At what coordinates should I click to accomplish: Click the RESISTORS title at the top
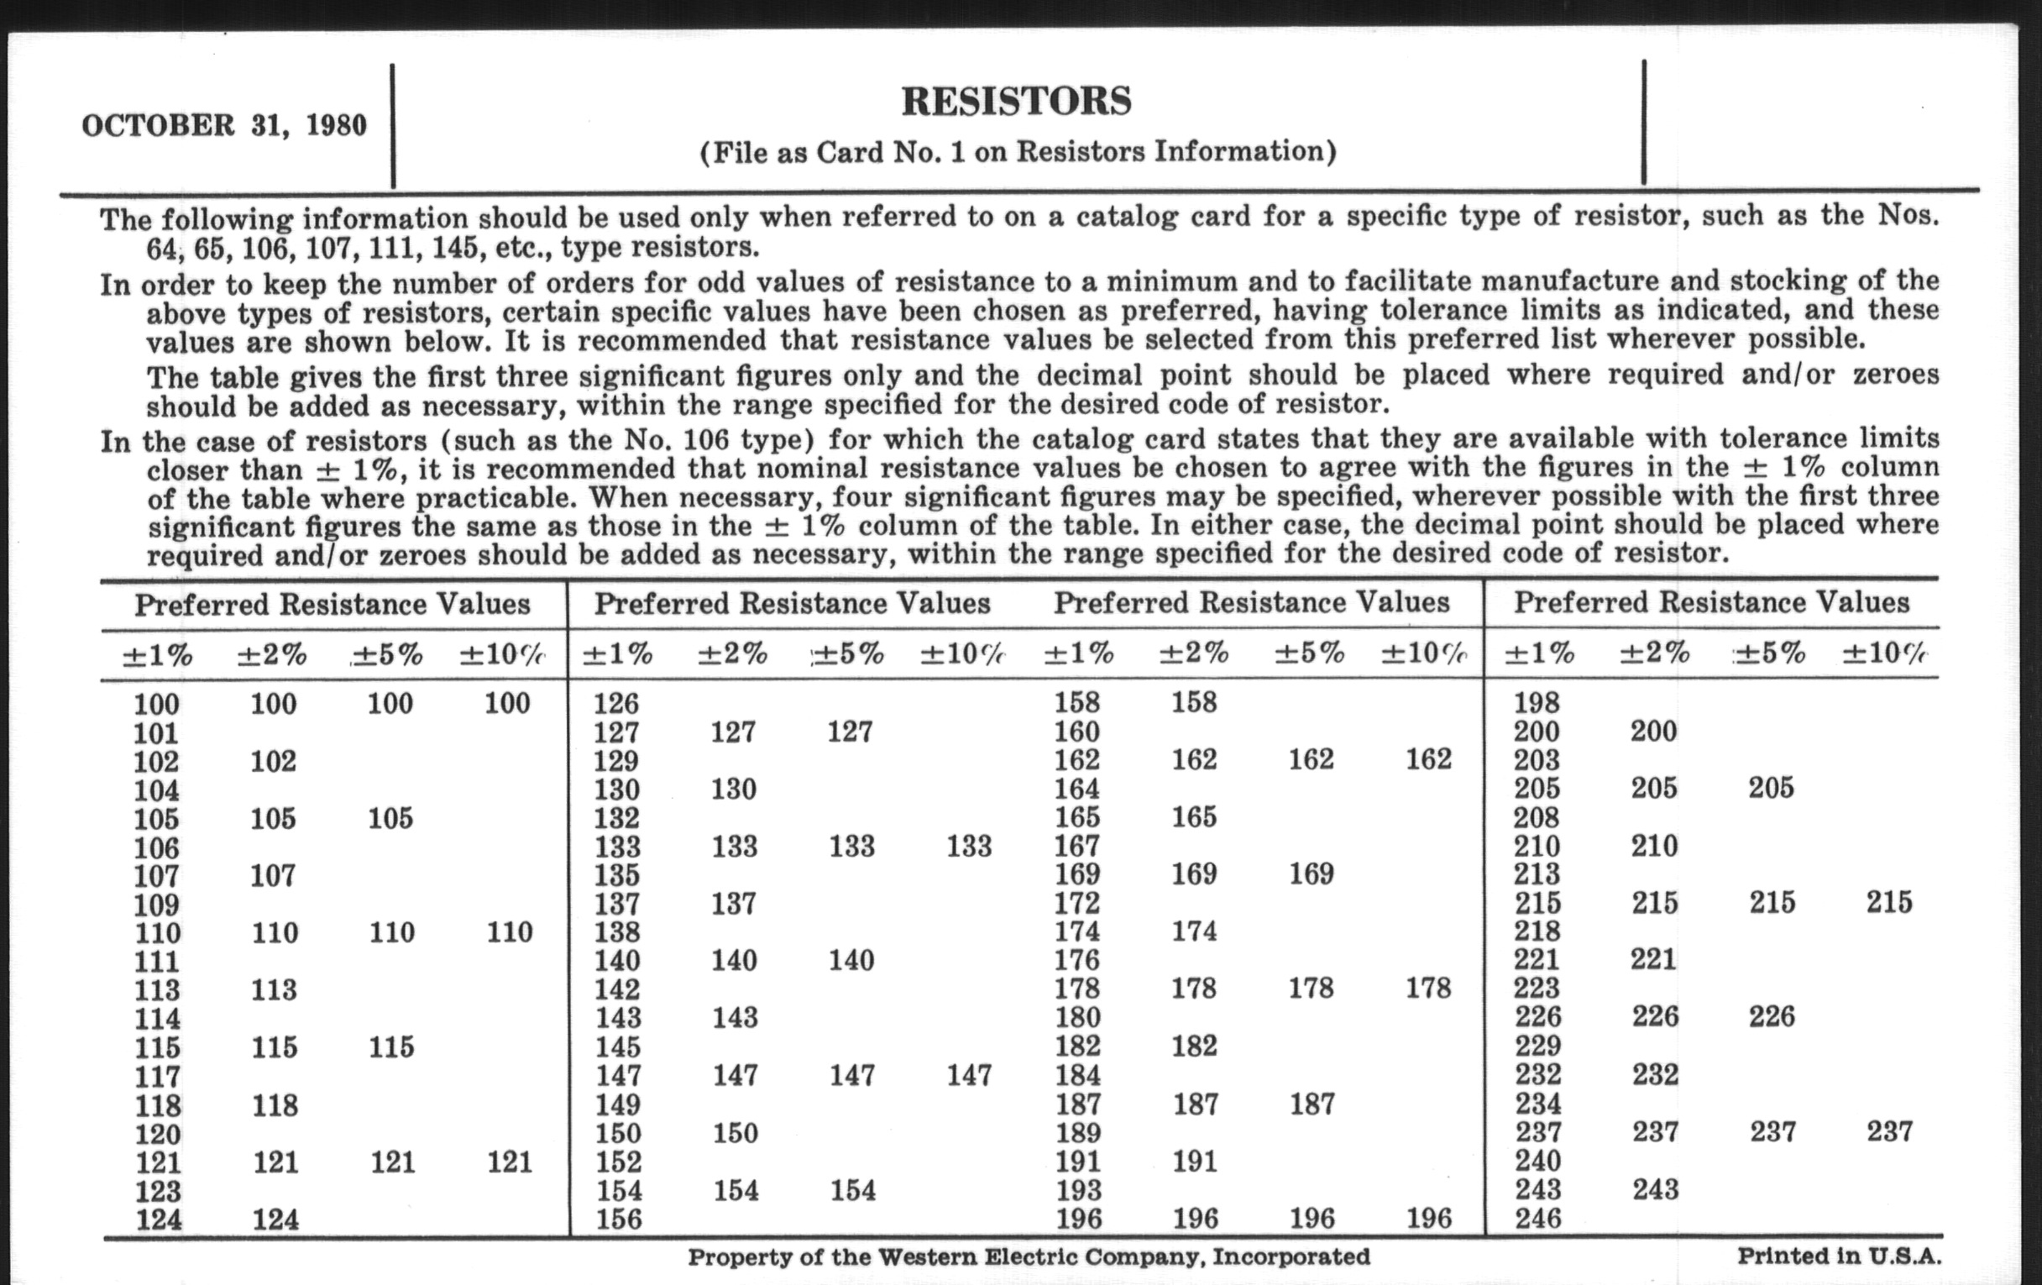click(1016, 101)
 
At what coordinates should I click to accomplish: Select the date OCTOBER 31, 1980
click(225, 125)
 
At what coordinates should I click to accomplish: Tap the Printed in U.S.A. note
click(1839, 1256)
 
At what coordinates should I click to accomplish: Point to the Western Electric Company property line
click(1029, 1256)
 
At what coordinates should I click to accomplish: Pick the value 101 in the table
click(156, 733)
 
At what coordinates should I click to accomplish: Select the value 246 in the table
click(1537, 1219)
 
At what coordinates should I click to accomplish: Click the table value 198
click(1537, 702)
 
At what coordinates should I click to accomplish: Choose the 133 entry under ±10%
click(968, 846)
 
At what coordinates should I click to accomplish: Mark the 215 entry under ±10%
click(1889, 902)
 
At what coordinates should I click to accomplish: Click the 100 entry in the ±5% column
click(390, 703)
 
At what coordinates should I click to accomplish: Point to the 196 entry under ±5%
click(1312, 1219)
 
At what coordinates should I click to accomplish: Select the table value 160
click(1077, 732)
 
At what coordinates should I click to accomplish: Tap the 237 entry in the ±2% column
click(1655, 1131)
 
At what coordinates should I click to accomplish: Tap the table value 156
click(616, 1219)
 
